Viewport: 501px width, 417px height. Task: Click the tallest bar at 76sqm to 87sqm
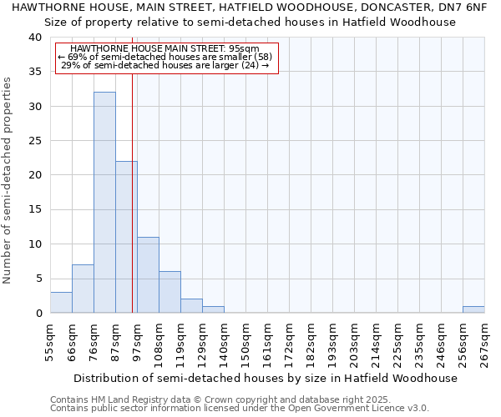104,203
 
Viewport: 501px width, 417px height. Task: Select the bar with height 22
126,237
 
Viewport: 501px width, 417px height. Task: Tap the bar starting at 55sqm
61,303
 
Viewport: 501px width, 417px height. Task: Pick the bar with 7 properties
83,289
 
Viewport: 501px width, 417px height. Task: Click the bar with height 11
148,275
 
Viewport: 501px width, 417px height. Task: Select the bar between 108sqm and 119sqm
170,292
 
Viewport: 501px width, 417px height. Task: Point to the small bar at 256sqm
473,309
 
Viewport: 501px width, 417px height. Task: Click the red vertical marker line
132,192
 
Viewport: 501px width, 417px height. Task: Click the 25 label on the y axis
34,141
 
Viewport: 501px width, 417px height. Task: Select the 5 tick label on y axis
38,279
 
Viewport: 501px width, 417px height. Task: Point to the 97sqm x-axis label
137,341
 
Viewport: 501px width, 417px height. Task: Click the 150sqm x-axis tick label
245,341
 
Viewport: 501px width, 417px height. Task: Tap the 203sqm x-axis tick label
354,341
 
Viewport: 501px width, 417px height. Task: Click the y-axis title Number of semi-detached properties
8,180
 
